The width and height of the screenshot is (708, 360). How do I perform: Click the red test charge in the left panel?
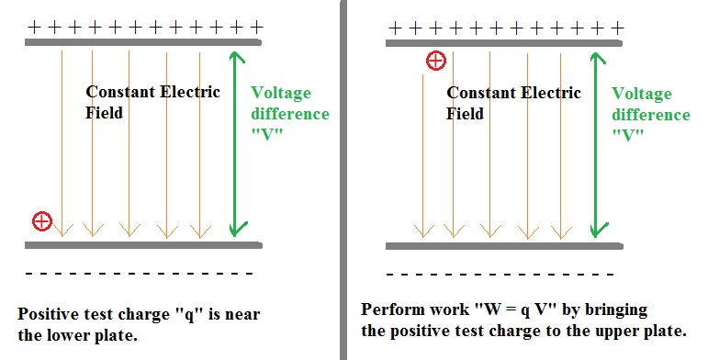[x=42, y=221]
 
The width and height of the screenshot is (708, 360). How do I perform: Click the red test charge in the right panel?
[x=436, y=61]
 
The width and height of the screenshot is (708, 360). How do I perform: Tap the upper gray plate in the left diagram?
[x=143, y=42]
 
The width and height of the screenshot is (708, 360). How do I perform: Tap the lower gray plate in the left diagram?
[x=143, y=245]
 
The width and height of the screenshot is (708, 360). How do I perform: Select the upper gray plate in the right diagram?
[x=504, y=43]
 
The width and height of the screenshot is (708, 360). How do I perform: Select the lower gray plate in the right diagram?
[x=504, y=246]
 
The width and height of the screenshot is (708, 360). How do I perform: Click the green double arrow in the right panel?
[x=598, y=144]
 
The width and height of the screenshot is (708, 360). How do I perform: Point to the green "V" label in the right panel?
[x=627, y=135]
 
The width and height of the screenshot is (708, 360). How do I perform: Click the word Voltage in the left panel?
[x=281, y=94]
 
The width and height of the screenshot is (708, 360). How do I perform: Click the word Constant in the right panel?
[x=481, y=93]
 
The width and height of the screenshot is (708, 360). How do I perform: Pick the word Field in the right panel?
[x=465, y=113]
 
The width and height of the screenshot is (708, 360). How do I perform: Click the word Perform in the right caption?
[x=393, y=309]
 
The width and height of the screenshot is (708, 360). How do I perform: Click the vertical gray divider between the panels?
[x=343, y=180]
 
